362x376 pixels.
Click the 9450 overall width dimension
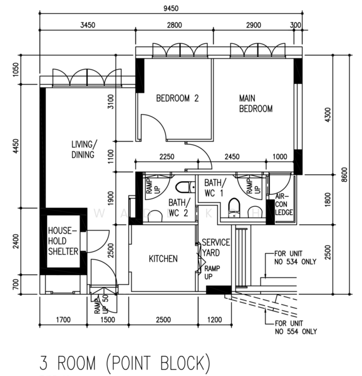pyautogui.click(x=171, y=8)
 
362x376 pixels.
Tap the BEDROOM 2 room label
pyautogui.click(x=177, y=98)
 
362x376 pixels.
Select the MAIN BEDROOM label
pyautogui.click(x=256, y=103)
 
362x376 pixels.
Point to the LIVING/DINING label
pyautogui.click(x=84, y=149)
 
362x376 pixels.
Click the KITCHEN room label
pyautogui.click(x=163, y=259)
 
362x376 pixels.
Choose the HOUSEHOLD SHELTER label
pyautogui.click(x=63, y=241)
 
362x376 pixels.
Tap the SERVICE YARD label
pyautogui.click(x=215, y=248)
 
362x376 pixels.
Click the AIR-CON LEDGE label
pyautogui.click(x=284, y=204)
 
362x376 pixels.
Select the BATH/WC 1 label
pyautogui.click(x=215, y=188)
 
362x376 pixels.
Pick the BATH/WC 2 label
pyautogui.click(x=180, y=207)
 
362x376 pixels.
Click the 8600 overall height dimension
pyautogui.click(x=344, y=175)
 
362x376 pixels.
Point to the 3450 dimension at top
pyautogui.click(x=88, y=25)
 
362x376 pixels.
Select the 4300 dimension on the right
pyautogui.click(x=328, y=115)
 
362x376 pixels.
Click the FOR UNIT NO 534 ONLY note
pyautogui.click(x=295, y=258)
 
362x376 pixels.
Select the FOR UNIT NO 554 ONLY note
pyautogui.click(x=296, y=328)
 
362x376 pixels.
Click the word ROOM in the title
pyautogui.click(x=76, y=363)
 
